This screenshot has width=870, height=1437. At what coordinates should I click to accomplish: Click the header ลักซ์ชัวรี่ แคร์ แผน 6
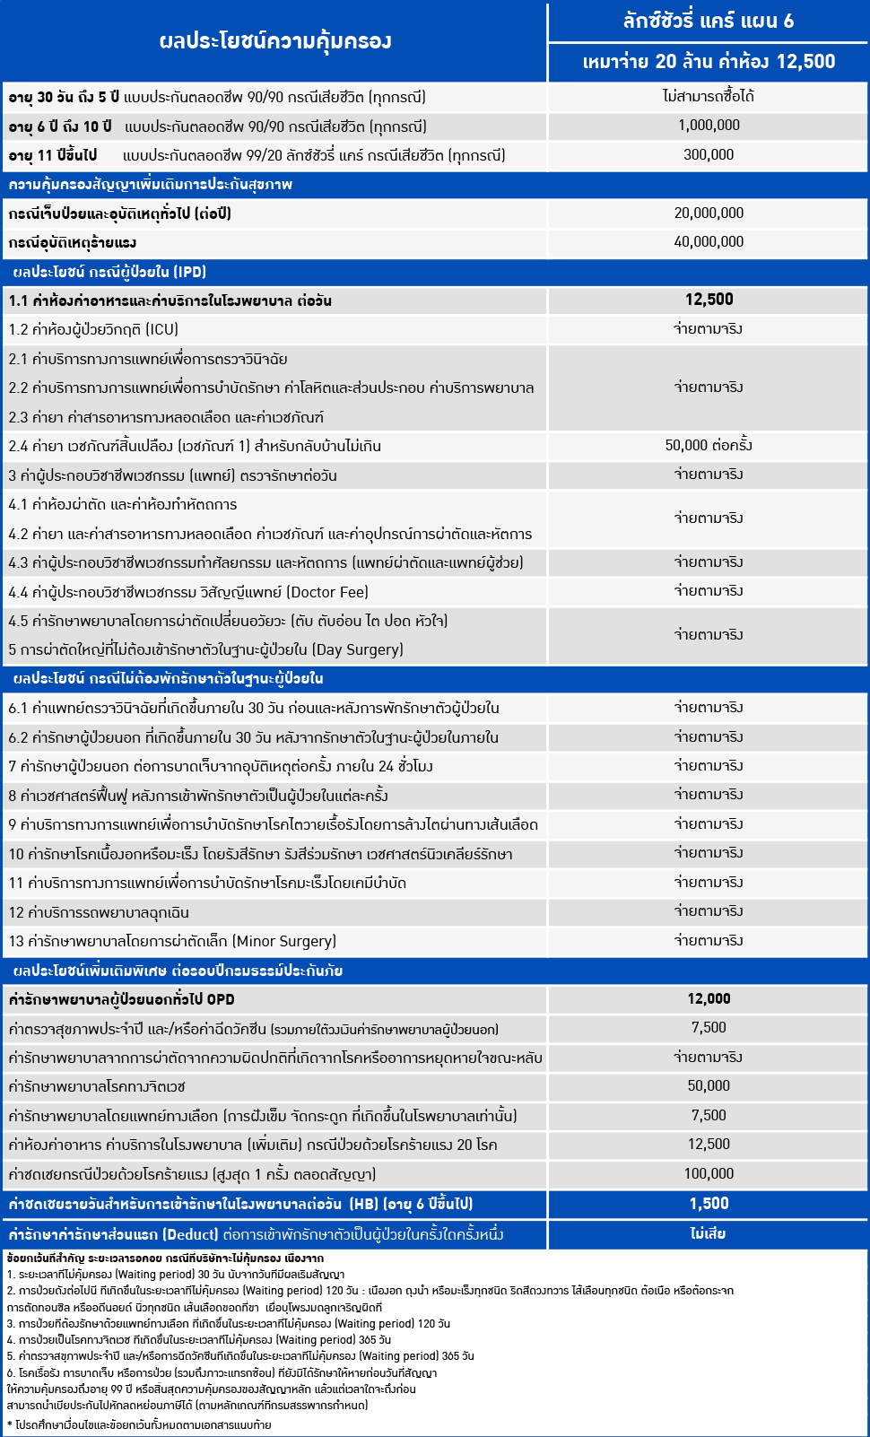click(708, 21)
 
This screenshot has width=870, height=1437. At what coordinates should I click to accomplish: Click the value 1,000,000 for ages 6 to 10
click(709, 126)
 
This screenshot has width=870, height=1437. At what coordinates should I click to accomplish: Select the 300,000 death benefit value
click(709, 155)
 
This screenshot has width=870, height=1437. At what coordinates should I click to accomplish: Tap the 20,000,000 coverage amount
click(709, 213)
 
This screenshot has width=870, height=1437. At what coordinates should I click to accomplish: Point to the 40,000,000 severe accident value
click(709, 242)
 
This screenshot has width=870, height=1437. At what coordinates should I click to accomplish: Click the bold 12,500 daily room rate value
click(709, 300)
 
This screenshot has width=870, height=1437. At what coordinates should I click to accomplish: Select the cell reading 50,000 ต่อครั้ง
click(709, 446)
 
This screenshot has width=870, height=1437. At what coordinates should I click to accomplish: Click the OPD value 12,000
click(709, 999)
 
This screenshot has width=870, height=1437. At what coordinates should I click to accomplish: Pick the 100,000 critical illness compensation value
click(709, 1174)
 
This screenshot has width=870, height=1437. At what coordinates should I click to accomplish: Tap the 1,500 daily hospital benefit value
click(709, 1204)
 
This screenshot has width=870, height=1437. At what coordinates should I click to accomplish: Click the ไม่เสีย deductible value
click(709, 1234)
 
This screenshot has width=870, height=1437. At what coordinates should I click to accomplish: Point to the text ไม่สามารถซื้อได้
click(709, 96)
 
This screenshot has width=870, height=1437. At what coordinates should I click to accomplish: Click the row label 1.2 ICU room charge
click(93, 330)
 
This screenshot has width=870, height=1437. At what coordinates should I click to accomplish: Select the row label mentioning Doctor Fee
click(188, 592)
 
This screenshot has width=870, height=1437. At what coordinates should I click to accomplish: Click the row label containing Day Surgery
click(205, 649)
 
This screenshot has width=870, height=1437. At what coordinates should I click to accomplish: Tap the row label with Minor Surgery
click(172, 941)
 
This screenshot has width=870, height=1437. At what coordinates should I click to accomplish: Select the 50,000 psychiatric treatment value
click(709, 1086)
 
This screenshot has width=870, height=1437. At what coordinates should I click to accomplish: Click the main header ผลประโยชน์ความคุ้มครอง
click(274, 41)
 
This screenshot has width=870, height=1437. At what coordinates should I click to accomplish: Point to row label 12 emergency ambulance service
click(99, 912)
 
